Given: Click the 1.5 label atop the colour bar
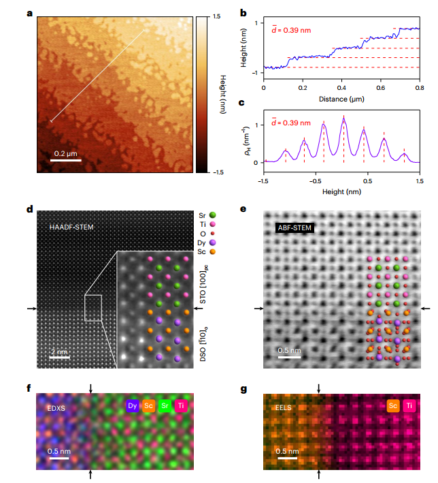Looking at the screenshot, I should coord(217,15).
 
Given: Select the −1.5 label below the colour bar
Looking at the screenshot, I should coord(217,173).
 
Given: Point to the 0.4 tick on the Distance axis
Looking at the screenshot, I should coord(341,88).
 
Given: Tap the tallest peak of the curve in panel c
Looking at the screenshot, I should coord(343,119).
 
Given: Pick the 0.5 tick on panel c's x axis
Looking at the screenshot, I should coord(367,182).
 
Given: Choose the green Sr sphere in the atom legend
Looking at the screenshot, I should coord(214,215).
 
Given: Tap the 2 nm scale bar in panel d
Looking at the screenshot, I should coord(60,356).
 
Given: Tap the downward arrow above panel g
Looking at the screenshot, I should coord(319,389).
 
